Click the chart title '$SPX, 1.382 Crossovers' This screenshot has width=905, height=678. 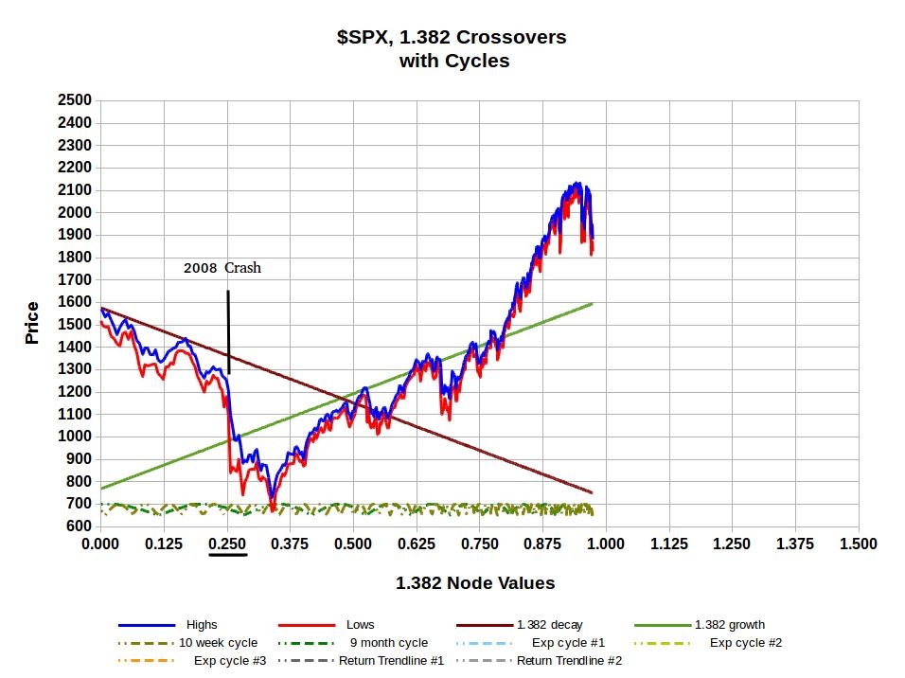[452, 38]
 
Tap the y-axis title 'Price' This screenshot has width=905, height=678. [33, 322]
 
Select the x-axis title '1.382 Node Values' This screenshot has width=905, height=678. [475, 583]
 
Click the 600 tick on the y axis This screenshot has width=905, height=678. [78, 526]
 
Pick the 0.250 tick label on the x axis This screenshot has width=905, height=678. [227, 544]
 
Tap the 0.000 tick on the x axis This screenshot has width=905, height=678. [100, 544]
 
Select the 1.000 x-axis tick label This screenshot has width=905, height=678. [606, 544]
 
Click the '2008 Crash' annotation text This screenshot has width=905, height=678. [222, 268]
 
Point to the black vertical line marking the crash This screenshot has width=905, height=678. [228, 331]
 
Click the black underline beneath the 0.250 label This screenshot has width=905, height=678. [227, 555]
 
